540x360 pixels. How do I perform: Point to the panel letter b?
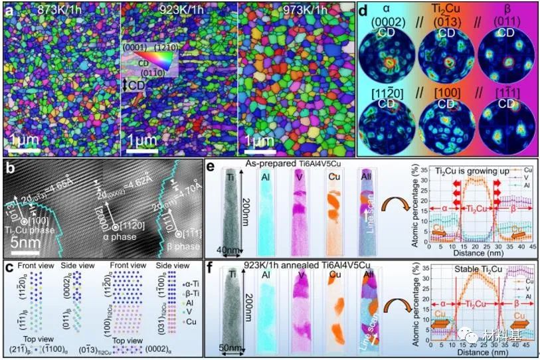pos(9,166)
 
